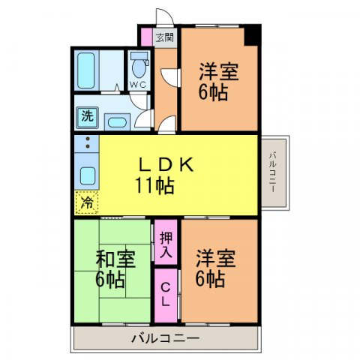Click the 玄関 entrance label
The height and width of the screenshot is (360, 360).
165,37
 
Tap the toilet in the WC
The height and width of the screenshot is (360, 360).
139,64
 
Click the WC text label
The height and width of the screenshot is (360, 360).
138,85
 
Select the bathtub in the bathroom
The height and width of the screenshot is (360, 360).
85,70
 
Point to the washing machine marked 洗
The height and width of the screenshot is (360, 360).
87,117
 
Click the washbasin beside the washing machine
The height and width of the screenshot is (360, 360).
117,122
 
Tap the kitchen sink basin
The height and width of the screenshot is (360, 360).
88,176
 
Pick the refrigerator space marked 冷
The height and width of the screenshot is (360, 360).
87,202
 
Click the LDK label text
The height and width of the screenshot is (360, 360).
166,165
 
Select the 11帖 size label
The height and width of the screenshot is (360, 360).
154,185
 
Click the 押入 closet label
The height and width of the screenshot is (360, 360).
166,244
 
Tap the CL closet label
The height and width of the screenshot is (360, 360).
165,295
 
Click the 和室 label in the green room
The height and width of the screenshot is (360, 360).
115,259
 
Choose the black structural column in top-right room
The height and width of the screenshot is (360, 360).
251,35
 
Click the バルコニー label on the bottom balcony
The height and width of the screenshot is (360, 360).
165,338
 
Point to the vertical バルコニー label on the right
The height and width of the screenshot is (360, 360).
273,172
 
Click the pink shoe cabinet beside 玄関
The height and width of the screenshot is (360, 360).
146,37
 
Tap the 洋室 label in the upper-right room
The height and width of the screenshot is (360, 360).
219,72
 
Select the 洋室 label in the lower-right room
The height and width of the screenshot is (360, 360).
215,258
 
